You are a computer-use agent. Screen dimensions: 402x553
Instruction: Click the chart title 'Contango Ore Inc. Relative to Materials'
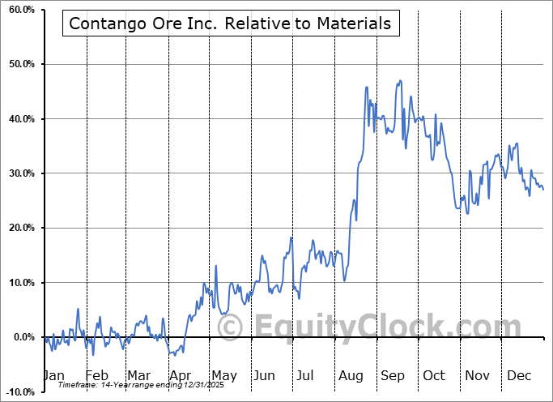[230, 24]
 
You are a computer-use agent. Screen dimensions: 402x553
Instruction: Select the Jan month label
[53, 375]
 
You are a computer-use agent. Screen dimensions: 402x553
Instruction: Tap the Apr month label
[181, 375]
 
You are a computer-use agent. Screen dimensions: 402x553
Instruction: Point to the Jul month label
[306, 375]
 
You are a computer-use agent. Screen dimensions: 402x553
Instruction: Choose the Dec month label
[518, 375]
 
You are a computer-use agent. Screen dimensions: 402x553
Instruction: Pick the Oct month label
[434, 375]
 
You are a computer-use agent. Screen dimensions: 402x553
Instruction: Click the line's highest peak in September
[398, 80]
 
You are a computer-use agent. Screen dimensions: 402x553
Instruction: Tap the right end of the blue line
[543, 190]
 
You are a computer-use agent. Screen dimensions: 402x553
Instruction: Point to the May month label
[223, 375]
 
